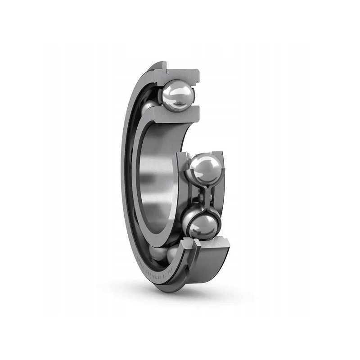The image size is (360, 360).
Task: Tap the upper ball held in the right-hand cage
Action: (x=205, y=168)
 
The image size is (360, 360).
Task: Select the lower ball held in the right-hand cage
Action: (x=201, y=225)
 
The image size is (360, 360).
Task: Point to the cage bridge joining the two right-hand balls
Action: (x=205, y=196)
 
